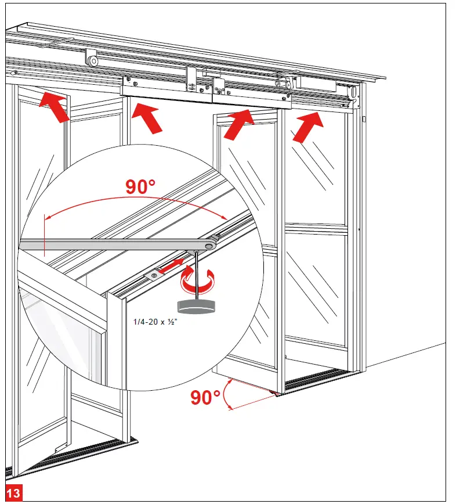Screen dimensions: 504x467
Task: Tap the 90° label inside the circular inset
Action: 140,187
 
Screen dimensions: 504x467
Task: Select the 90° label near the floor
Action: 205,398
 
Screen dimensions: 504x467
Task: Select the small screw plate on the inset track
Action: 154,275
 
